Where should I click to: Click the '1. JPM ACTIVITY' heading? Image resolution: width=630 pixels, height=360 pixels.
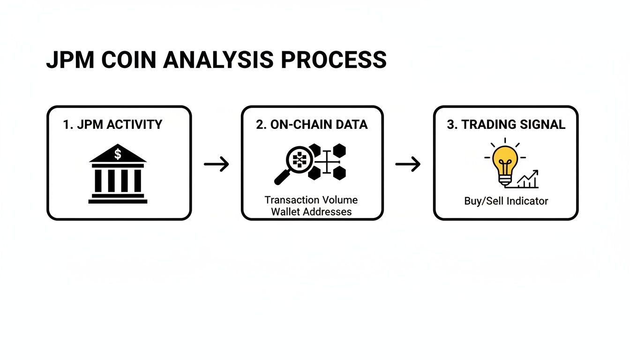click(112, 125)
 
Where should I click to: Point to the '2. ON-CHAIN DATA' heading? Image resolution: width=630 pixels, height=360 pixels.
click(312, 125)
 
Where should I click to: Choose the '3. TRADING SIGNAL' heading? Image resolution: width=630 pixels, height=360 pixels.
click(506, 125)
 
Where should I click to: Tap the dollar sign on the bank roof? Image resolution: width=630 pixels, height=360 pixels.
click(118, 154)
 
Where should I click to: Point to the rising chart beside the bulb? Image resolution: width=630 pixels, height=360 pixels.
click(528, 179)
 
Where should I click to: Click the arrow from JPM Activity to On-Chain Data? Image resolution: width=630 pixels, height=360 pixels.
click(217, 164)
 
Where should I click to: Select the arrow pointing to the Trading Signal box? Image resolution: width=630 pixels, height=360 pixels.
click(408, 164)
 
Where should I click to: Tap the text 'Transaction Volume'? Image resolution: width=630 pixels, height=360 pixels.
click(311, 200)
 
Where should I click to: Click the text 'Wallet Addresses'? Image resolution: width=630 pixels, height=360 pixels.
click(311, 212)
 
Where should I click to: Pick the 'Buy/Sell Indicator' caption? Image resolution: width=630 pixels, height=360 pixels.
click(506, 201)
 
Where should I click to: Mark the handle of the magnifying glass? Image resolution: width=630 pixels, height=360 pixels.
click(282, 177)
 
